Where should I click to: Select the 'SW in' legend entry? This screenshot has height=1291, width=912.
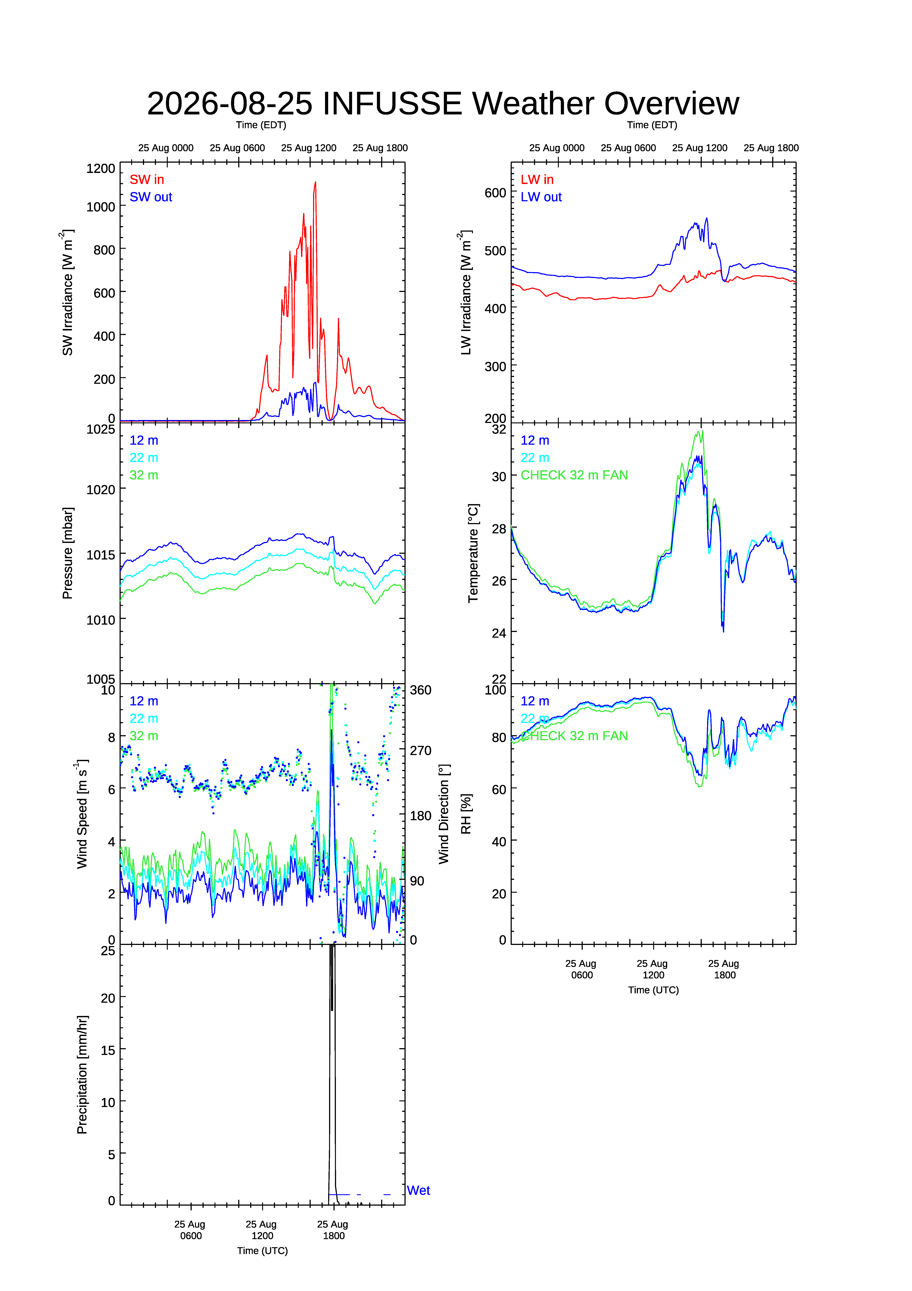(147, 179)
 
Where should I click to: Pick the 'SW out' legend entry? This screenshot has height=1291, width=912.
(151, 197)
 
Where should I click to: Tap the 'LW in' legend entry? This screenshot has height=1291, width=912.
(537, 179)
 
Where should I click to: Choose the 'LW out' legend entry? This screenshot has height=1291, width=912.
(541, 197)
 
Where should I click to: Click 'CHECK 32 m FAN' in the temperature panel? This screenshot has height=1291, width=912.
(574, 475)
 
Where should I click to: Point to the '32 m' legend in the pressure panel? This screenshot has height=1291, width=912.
(144, 475)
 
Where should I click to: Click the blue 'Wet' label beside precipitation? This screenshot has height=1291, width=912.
(418, 1190)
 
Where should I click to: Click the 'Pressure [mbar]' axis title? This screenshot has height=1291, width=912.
(68, 553)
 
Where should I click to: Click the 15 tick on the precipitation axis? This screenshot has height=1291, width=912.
(108, 1050)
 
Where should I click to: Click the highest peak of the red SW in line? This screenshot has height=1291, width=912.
(315, 182)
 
